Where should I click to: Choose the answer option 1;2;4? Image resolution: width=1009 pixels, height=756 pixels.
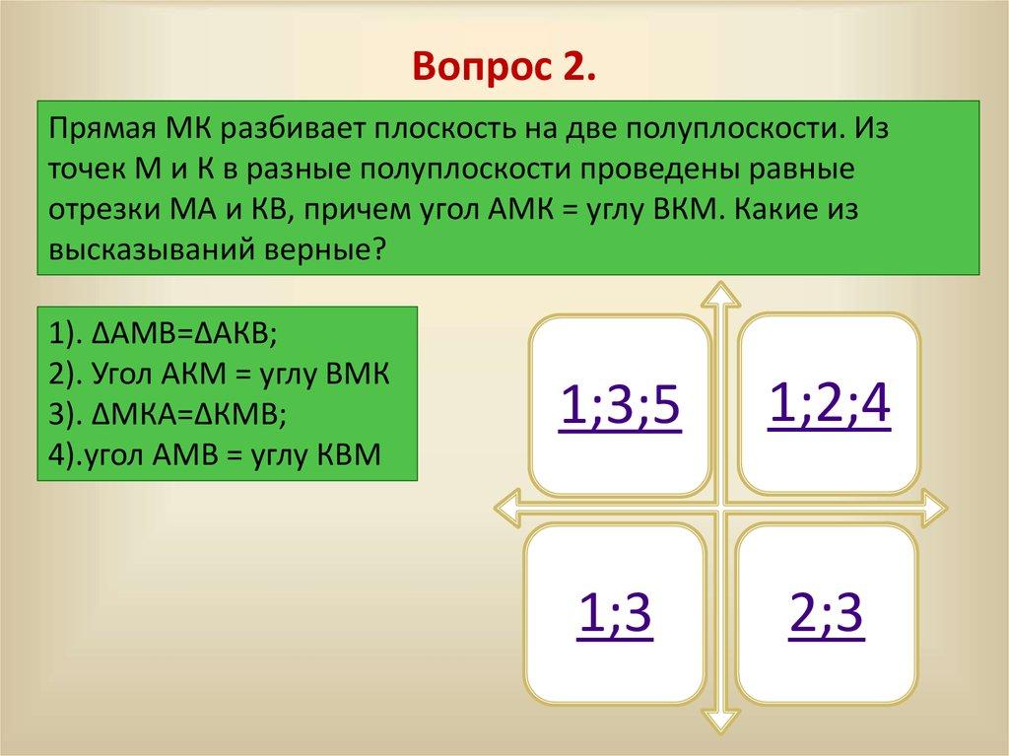[829, 404]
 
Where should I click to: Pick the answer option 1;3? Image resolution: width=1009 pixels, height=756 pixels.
[614, 616]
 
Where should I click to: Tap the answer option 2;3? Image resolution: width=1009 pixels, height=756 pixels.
[826, 616]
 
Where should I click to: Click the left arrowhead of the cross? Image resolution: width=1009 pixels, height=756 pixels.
[505, 508]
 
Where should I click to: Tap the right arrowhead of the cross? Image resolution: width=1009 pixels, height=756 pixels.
[935, 508]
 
